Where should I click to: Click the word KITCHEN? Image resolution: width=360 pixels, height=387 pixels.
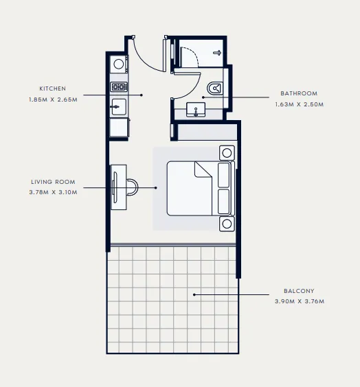[x=52, y=89]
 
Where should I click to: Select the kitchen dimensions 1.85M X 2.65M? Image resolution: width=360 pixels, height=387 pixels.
[x=52, y=100]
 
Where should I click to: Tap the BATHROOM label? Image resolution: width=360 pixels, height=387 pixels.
[x=299, y=93]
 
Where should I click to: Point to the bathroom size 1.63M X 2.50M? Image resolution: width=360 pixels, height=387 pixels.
[x=299, y=104]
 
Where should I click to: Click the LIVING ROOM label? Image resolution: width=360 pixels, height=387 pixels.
[x=53, y=182]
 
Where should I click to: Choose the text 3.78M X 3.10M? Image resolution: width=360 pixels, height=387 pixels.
[x=53, y=192]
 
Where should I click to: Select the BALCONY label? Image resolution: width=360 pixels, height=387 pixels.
[x=299, y=291]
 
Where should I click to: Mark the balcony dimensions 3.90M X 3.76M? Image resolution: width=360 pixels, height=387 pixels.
[x=299, y=301]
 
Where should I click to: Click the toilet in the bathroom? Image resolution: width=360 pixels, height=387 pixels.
[x=216, y=87]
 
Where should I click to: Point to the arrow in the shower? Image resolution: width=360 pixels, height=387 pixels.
[x=217, y=52]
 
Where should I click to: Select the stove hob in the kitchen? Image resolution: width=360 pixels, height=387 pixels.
[x=118, y=87]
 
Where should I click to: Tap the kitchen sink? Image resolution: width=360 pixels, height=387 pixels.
[x=118, y=107]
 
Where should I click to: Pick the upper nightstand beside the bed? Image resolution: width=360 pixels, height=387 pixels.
[x=226, y=152]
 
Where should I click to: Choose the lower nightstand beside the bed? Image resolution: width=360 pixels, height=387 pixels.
[x=226, y=223]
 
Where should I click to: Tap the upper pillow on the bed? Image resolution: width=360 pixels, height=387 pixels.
[x=225, y=174]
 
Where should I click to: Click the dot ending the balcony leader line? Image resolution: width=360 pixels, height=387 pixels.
[x=194, y=295]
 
